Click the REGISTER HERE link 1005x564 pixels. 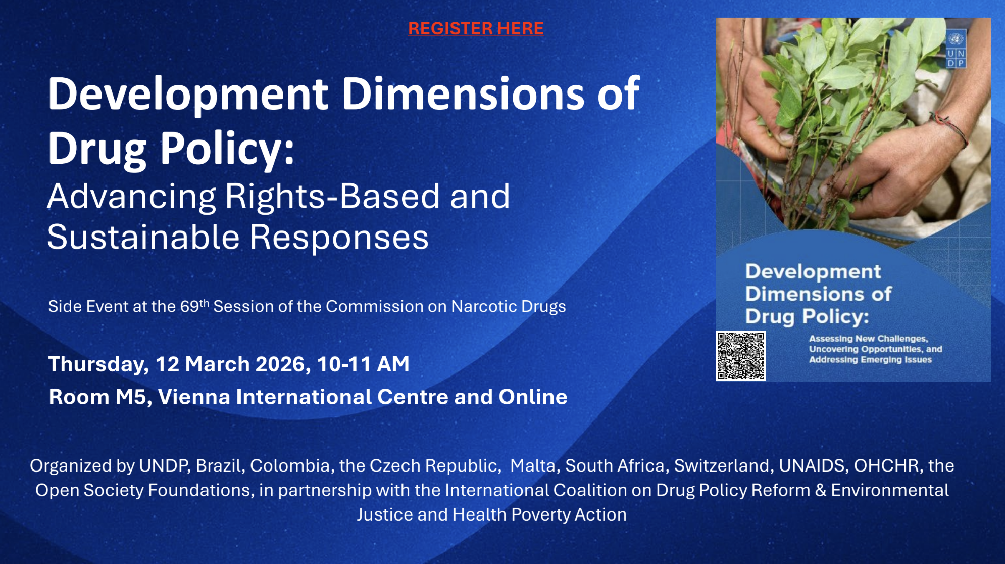point(476,28)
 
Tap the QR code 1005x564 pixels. point(740,356)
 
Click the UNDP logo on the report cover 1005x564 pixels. point(956,49)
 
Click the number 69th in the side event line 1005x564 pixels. point(194,306)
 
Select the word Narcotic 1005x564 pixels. point(484,306)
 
